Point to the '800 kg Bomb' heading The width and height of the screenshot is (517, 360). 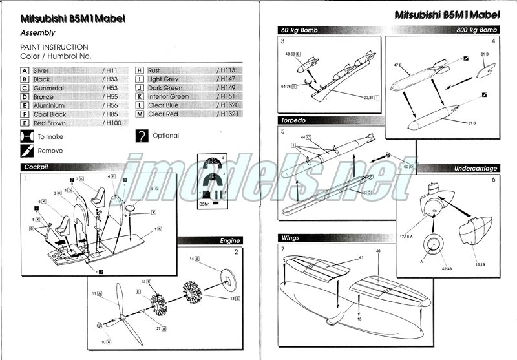tap(477, 30)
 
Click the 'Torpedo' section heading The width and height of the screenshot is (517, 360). tap(293, 121)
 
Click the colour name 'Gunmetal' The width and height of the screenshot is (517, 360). tap(49, 88)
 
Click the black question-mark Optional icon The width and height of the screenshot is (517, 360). tap(142, 136)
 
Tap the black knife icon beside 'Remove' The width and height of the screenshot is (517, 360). tap(26, 151)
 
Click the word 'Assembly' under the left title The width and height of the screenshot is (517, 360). tap(37, 32)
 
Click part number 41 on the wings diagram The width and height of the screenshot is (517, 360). tap(361, 258)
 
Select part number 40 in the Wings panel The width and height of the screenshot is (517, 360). tap(377, 251)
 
